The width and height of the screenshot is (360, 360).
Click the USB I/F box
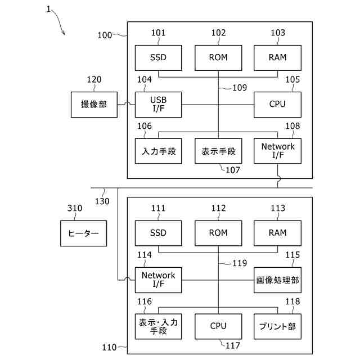(158, 105)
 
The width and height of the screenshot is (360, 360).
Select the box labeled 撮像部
(94, 105)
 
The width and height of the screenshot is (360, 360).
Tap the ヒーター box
(84, 233)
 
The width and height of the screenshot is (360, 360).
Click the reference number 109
(240, 88)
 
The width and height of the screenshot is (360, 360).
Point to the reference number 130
(102, 201)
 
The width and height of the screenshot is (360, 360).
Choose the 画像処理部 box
(277, 280)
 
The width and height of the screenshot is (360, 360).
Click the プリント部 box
(277, 326)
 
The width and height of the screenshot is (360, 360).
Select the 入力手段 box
(158, 151)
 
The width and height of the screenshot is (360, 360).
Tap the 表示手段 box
(218, 151)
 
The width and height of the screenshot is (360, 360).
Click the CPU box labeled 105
(277, 105)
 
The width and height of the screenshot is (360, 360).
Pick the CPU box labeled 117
(218, 326)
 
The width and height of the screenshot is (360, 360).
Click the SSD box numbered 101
(158, 57)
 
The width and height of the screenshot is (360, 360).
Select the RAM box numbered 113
(277, 233)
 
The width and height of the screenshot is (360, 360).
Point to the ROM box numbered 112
(218, 233)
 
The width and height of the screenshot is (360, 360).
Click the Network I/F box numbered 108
(277, 151)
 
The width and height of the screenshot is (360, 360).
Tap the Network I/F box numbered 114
(158, 280)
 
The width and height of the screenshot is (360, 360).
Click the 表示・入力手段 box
(158, 326)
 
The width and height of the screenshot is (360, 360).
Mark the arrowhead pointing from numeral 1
(64, 34)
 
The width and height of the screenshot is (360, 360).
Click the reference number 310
(75, 208)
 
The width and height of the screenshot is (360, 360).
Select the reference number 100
(105, 35)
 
